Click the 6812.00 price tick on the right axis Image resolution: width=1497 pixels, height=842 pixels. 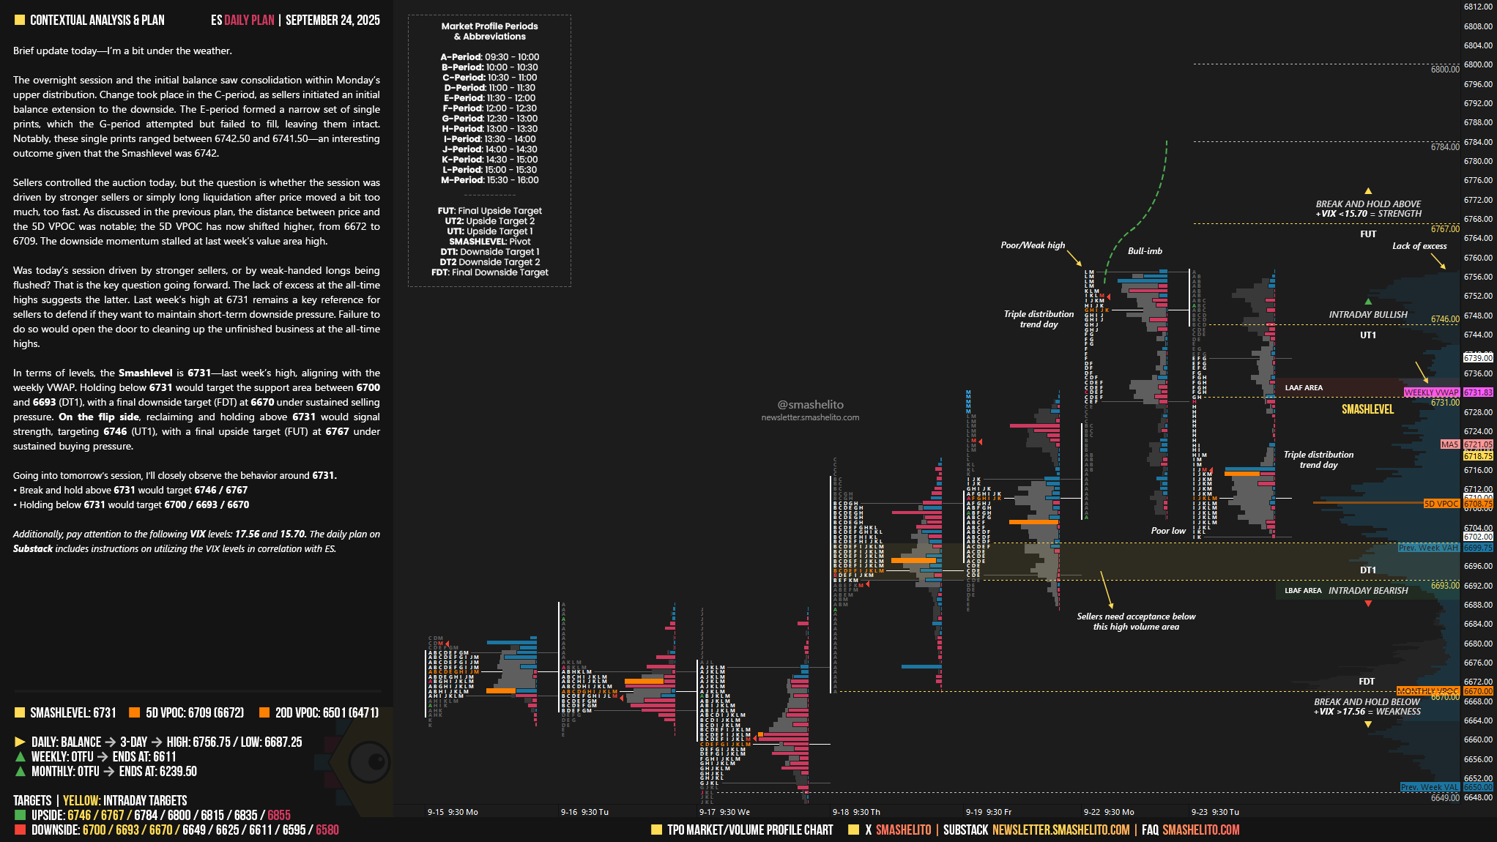click(x=1477, y=7)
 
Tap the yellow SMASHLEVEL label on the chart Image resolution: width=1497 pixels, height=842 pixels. click(x=1367, y=409)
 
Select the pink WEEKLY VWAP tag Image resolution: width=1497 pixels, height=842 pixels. click(x=1431, y=392)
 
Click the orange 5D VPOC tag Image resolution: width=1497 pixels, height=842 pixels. click(x=1441, y=504)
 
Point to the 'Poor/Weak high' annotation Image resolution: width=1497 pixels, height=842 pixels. click(x=1033, y=245)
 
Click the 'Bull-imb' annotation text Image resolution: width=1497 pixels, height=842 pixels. click(x=1145, y=251)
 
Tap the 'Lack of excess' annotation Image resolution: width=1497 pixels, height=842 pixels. click(x=1419, y=246)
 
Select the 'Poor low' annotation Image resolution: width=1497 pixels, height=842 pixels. click(x=1168, y=531)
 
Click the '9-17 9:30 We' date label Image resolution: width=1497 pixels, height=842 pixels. click(x=724, y=812)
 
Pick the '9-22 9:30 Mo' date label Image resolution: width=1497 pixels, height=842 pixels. click(x=1108, y=812)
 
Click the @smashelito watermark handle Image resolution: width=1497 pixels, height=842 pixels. click(x=810, y=405)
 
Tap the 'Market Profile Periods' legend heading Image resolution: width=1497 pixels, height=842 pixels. click(x=489, y=26)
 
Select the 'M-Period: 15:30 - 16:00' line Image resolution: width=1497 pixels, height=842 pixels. click(x=489, y=180)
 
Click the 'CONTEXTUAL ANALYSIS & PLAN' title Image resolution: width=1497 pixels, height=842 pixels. click(x=97, y=21)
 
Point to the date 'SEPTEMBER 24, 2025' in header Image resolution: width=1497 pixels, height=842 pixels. click(x=333, y=21)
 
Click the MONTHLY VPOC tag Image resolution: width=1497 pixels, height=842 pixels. click(x=1427, y=691)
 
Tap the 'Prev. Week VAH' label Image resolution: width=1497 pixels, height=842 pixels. click(x=1428, y=548)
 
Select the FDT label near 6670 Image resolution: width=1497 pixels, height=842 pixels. click(x=1367, y=682)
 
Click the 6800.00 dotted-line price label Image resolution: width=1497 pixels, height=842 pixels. click(x=1444, y=70)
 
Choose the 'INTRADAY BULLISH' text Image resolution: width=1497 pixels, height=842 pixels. click(x=1368, y=315)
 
